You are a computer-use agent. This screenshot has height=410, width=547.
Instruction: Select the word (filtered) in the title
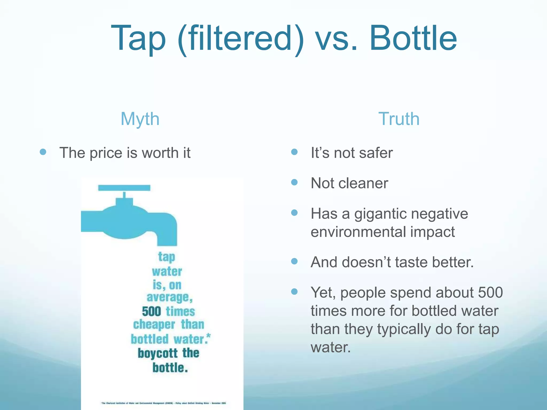[240, 39]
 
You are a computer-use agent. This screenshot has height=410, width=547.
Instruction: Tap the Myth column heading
[140, 119]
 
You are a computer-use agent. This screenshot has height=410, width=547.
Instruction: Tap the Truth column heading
[399, 119]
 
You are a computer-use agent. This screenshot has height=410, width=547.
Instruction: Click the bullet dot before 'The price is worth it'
[43, 152]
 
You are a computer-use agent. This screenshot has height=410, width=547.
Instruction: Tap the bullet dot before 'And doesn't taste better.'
[294, 261]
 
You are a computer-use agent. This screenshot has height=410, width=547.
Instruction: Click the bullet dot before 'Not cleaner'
[294, 182]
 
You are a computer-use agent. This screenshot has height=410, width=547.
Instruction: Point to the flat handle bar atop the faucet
[124, 188]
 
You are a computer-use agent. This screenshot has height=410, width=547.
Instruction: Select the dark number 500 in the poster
[151, 312]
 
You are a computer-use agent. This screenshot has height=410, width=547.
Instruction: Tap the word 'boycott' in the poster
[158, 353]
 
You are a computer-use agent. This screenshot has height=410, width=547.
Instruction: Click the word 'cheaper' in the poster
[154, 325]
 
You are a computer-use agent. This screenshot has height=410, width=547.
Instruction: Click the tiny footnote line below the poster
[163, 403]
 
